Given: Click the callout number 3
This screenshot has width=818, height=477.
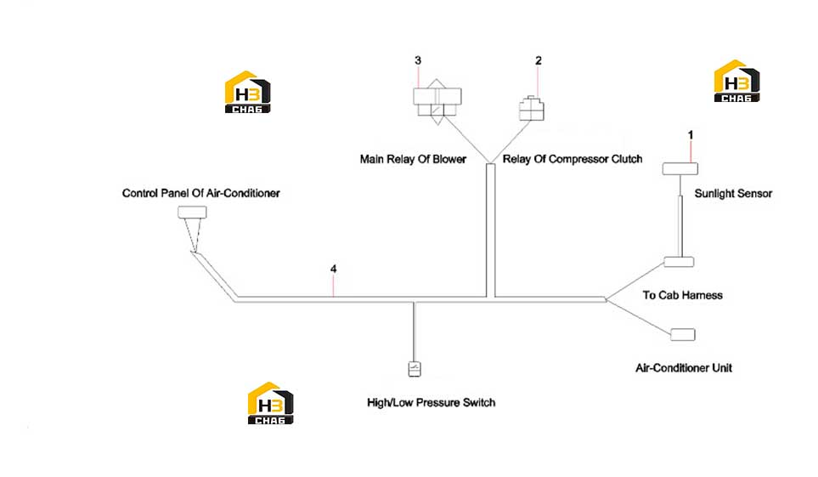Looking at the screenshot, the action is pos(418,60).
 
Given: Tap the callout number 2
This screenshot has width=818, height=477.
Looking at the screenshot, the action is pos(539,60).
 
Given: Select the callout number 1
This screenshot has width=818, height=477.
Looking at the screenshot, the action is pos(691,135).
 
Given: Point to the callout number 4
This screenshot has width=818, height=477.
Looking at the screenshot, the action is pos(333,269).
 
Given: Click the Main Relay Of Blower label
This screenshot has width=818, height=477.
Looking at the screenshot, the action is pos(413,159).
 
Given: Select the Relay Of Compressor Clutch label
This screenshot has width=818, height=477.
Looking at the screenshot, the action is pos(573,159).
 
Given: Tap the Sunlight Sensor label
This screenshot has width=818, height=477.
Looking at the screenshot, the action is pos(733,194).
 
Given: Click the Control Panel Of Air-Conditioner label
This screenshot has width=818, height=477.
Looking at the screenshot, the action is pos(200,193).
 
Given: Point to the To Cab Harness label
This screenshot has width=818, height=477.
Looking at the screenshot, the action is pos(682,295).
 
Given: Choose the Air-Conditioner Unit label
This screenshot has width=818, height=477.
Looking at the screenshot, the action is pos(684,368).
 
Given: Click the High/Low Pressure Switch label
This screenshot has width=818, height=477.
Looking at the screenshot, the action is pos(431,403).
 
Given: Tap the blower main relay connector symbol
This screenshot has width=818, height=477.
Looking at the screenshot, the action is pos(437,102).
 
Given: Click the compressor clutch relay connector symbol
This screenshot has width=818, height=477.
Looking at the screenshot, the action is pos(532,109).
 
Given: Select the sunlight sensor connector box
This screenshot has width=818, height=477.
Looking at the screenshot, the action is pos(680,168).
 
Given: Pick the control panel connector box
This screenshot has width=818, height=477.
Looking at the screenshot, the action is pos(192,212).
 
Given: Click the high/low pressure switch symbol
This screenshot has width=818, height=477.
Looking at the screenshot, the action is pos(415,369).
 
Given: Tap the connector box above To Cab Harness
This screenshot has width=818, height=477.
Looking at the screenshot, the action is pos(679,262).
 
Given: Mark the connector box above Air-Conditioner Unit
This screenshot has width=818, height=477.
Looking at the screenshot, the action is pos(683,334).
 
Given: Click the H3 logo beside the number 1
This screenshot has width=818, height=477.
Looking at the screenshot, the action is pos(736,81).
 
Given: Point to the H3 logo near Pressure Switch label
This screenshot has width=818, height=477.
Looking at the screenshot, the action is pos(270,403).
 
